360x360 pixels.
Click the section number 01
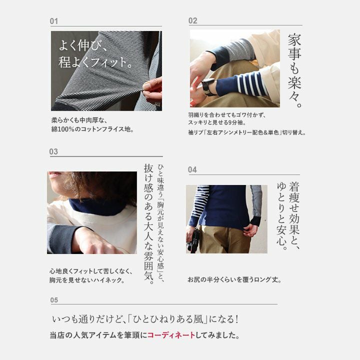53,21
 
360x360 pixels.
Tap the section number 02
192,20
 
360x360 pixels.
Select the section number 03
53,151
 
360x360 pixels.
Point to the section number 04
192,169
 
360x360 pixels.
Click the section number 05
54,300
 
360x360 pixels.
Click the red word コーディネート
171,335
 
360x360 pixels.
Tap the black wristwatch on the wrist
208,86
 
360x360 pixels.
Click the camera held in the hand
193,240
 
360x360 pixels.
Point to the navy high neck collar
97,207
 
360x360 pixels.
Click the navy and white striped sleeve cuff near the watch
241,84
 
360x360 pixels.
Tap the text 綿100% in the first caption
63,129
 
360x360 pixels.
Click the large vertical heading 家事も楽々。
295,70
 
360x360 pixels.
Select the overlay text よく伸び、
83,45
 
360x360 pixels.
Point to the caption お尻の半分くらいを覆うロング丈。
234,279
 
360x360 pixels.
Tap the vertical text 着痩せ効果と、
294,215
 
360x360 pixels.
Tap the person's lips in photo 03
53,175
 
